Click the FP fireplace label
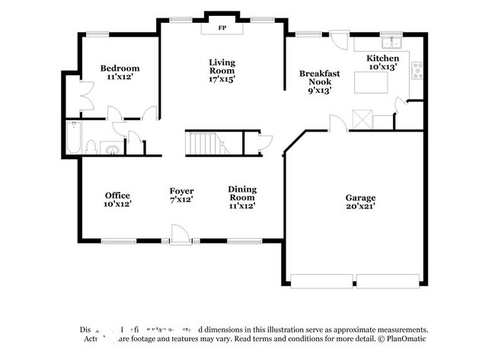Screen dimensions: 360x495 coord(222,28)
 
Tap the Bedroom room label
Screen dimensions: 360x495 coord(120,68)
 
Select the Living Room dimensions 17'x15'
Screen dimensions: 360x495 coord(222,78)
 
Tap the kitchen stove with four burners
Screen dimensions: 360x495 coord(418,71)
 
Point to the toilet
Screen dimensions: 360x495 coord(91,146)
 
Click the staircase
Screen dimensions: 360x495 coord(203,142)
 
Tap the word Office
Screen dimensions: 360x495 coord(117,195)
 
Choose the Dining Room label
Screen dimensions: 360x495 coord(242,193)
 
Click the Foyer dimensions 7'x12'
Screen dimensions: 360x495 coord(181,199)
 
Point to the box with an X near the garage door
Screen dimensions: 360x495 coord(361,119)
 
